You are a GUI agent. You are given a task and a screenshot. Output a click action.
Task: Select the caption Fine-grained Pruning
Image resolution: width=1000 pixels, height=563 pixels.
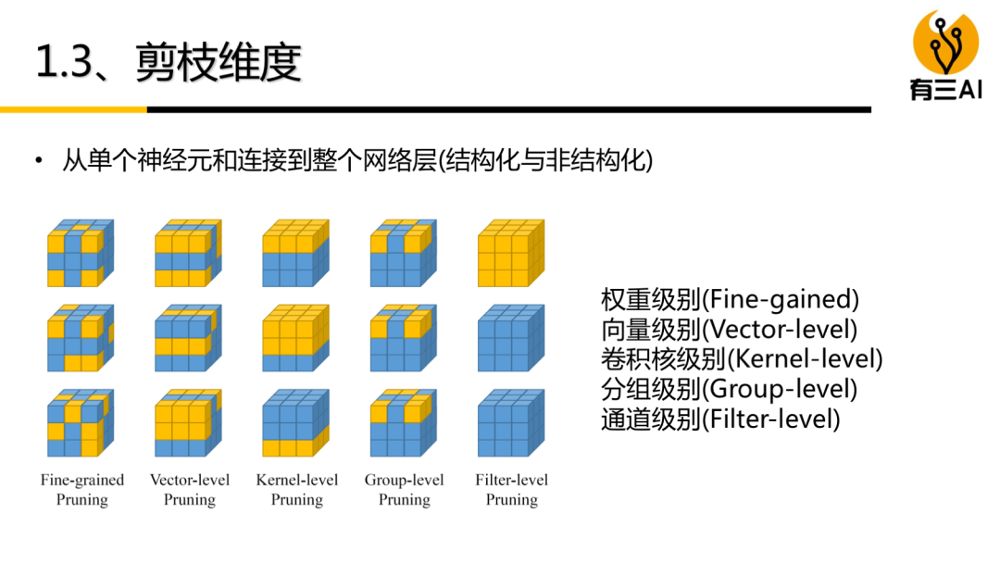click(x=81, y=490)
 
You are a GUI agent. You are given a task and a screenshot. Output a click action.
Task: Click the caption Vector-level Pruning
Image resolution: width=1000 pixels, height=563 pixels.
click(x=190, y=490)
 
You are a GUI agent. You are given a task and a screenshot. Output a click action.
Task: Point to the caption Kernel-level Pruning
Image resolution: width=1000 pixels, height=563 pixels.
click(x=297, y=490)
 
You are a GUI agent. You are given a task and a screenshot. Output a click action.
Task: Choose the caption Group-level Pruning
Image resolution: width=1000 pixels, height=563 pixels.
click(x=404, y=490)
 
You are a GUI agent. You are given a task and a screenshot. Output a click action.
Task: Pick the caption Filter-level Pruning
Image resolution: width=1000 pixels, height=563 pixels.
click(x=511, y=490)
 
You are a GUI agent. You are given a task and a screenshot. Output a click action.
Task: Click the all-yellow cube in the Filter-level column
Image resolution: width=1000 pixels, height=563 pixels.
click(x=510, y=253)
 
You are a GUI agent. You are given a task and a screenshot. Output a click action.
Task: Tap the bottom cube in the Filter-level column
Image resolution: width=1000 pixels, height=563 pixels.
click(x=510, y=424)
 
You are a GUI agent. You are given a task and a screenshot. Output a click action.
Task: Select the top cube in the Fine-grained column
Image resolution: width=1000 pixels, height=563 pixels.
click(x=80, y=253)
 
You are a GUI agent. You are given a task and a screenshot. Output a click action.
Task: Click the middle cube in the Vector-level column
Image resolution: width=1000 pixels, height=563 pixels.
click(x=188, y=339)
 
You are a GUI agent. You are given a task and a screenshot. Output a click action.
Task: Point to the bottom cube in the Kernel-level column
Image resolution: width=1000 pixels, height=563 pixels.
click(x=295, y=424)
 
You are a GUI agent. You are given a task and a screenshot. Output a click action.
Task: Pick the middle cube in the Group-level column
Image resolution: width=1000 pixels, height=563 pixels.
click(x=403, y=339)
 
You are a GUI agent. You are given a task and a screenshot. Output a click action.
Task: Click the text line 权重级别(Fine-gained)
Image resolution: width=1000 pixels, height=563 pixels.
click(x=730, y=300)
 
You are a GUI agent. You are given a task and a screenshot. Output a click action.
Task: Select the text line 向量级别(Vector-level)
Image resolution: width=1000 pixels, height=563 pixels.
click(x=729, y=330)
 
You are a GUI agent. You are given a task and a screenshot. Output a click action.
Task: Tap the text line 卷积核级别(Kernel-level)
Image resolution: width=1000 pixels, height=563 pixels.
click(x=741, y=359)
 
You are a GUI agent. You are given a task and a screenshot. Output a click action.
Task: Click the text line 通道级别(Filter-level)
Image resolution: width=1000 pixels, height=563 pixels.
click(x=720, y=419)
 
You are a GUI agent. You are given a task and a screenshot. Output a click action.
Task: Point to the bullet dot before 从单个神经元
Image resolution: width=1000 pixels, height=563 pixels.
click(x=39, y=162)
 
